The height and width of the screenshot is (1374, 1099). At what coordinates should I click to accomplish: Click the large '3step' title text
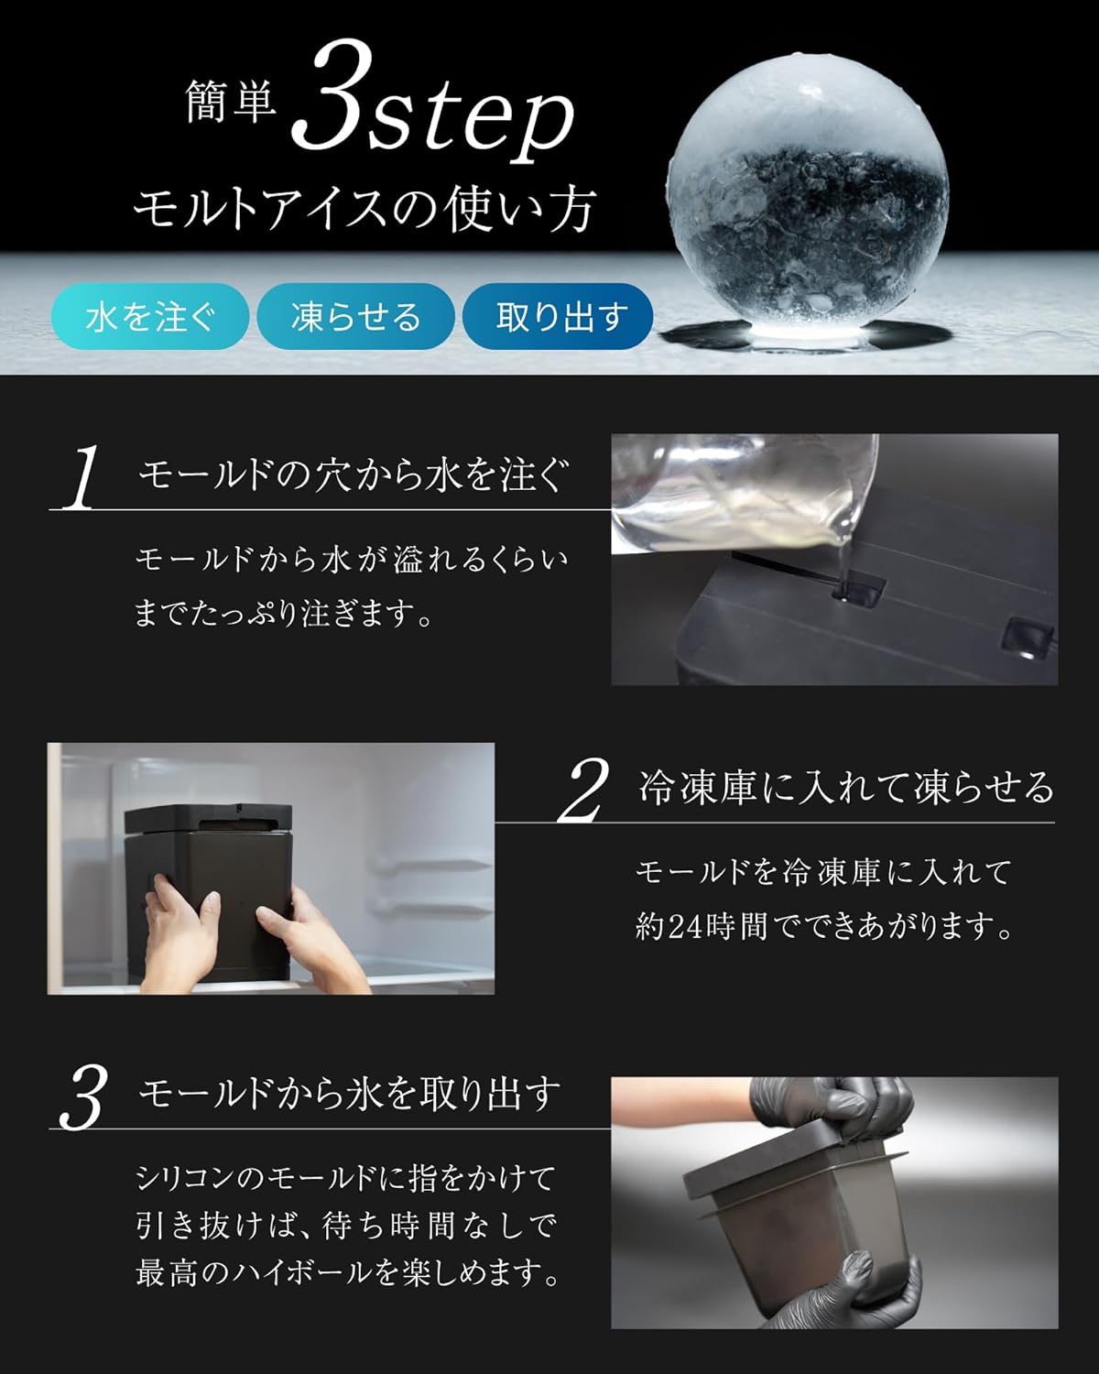point(435,114)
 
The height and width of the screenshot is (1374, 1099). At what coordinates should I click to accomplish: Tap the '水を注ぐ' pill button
point(150,317)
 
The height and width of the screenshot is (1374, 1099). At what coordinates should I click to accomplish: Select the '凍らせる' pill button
point(355,317)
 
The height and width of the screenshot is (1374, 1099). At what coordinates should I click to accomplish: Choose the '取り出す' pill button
point(559,317)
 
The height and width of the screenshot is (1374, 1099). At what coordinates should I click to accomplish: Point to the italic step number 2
point(583,791)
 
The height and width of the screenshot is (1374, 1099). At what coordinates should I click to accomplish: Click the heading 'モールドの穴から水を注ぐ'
point(353,476)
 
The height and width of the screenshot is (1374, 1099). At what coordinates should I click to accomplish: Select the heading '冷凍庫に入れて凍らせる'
point(846,788)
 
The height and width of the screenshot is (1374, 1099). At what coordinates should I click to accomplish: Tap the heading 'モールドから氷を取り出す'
point(349,1093)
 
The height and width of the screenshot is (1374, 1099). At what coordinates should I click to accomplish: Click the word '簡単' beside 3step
point(230,103)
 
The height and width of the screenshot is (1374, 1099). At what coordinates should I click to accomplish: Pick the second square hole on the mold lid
point(1026,637)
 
